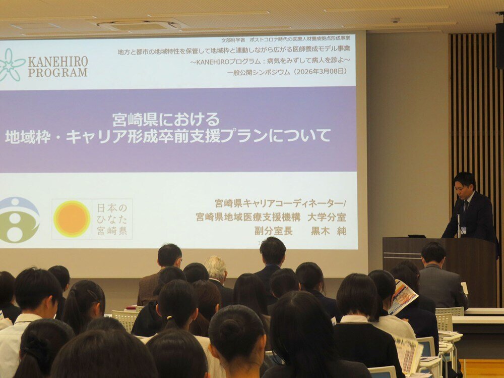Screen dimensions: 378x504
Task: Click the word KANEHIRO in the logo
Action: (57, 62)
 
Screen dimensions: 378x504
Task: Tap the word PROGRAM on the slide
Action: (57, 72)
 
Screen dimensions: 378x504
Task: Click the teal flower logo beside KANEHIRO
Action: (11, 65)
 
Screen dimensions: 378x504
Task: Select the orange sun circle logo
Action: (72, 219)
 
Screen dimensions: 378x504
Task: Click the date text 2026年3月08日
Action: (321, 71)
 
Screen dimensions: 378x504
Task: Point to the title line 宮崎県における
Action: (166, 120)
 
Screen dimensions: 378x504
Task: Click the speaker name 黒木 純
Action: (328, 231)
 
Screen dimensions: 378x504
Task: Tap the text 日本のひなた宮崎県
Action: (112, 219)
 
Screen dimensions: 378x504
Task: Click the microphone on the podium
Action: (459, 222)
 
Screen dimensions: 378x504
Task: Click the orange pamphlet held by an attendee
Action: (403, 296)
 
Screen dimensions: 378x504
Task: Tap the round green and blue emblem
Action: (19, 220)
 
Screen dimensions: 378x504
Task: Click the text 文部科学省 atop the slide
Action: (233, 40)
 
